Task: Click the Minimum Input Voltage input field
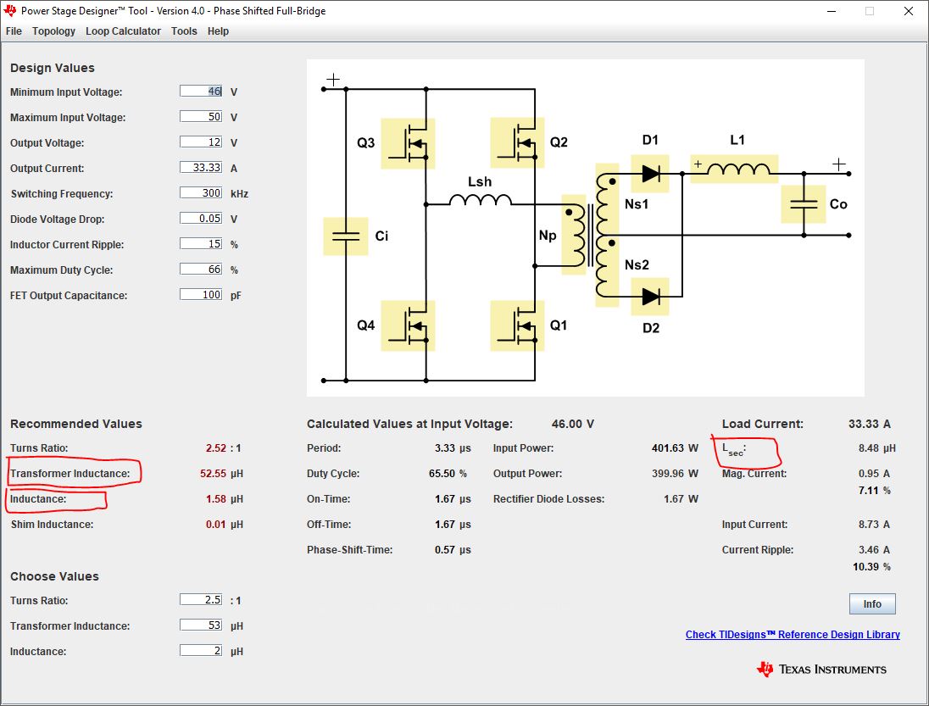[201, 92]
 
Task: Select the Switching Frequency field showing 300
[201, 193]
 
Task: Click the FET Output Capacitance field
[201, 295]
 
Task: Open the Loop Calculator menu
[123, 31]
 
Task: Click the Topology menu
[53, 31]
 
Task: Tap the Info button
[872, 603]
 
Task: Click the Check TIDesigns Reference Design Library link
[793, 634]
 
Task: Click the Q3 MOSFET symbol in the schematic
[408, 143]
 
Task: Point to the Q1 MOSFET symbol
[517, 325]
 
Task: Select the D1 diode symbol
[650, 174]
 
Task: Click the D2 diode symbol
[650, 296]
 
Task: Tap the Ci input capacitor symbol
[346, 236]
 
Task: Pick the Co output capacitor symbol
[804, 204]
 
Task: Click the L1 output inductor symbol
[734, 169]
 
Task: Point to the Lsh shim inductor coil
[480, 200]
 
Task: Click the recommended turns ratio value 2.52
[216, 448]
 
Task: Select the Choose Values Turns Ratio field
[201, 600]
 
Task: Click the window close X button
[909, 11]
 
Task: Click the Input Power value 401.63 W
[675, 448]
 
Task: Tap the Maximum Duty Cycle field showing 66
[201, 270]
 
